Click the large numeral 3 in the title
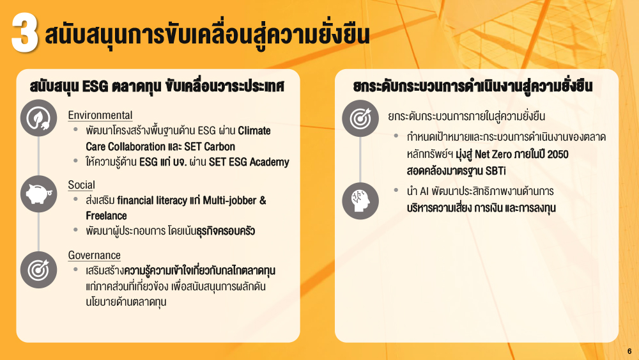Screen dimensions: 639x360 pos(25,33)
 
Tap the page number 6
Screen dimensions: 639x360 pos(629,351)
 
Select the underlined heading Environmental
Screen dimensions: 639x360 pos(100,115)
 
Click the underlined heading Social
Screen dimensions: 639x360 pos(82,185)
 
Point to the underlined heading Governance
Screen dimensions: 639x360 pos(94,255)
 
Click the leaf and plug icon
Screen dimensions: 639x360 pos(39,118)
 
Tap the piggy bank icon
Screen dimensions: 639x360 pos(39,194)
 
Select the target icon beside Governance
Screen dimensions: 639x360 pos(39,269)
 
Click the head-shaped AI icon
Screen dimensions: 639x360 pos(360,201)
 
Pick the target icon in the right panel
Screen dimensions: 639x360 pos(360,118)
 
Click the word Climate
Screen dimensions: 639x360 pos(254,130)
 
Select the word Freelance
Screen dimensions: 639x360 pos(106,215)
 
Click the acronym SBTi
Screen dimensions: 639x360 pos(496,171)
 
